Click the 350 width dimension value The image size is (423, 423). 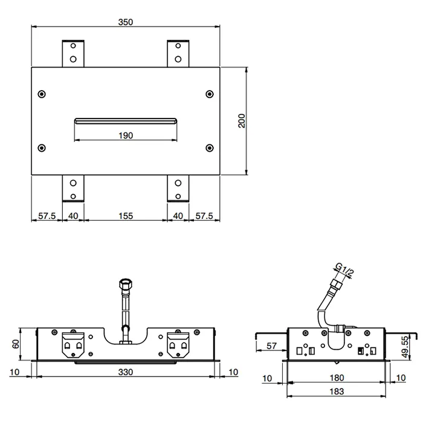click(126, 22)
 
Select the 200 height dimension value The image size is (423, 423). click(242, 121)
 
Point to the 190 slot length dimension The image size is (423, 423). click(126, 135)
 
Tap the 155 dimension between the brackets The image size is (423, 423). click(126, 216)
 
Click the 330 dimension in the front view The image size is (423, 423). click(126, 372)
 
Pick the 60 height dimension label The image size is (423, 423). click(16, 344)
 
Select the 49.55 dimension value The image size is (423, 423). click(405, 347)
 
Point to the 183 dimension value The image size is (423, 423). click(337, 392)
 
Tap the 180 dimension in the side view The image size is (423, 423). click(337, 378)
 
